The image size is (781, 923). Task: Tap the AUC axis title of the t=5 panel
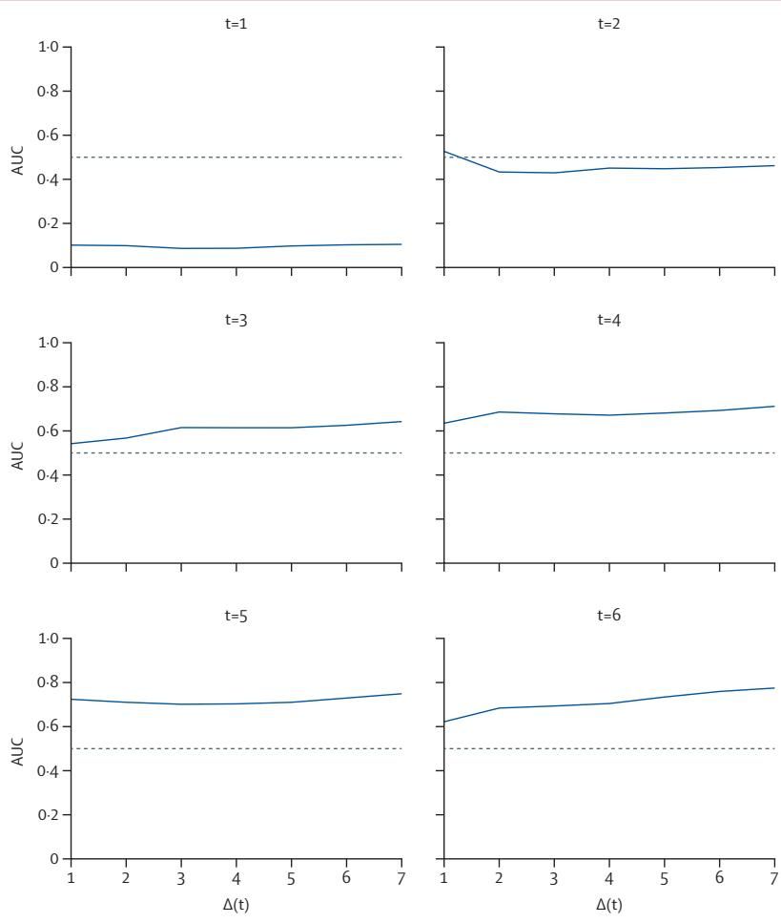pyautogui.click(x=14, y=748)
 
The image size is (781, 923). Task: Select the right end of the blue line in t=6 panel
pyautogui.click(x=774, y=688)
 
